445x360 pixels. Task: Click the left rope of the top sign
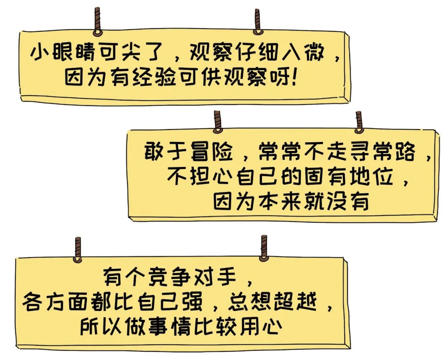pyautogui.click(x=97, y=21)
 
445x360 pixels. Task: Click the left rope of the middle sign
pyautogui.click(x=217, y=122)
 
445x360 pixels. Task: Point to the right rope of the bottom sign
pyautogui.click(x=264, y=247)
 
